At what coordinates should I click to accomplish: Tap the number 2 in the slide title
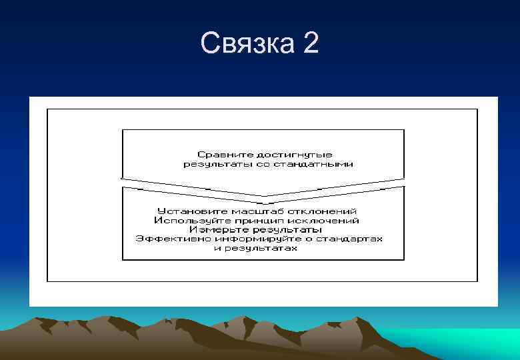point(311,44)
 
